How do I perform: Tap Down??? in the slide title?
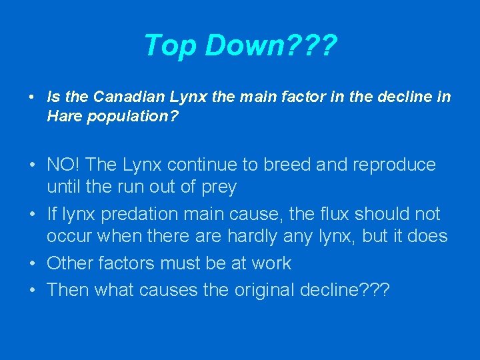[271, 46]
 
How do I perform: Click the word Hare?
[63, 116]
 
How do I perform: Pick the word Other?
[69, 263]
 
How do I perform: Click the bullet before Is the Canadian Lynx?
[32, 97]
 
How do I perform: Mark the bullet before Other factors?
[32, 264]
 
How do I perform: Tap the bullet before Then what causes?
[32, 291]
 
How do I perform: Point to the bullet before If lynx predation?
[32, 215]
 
